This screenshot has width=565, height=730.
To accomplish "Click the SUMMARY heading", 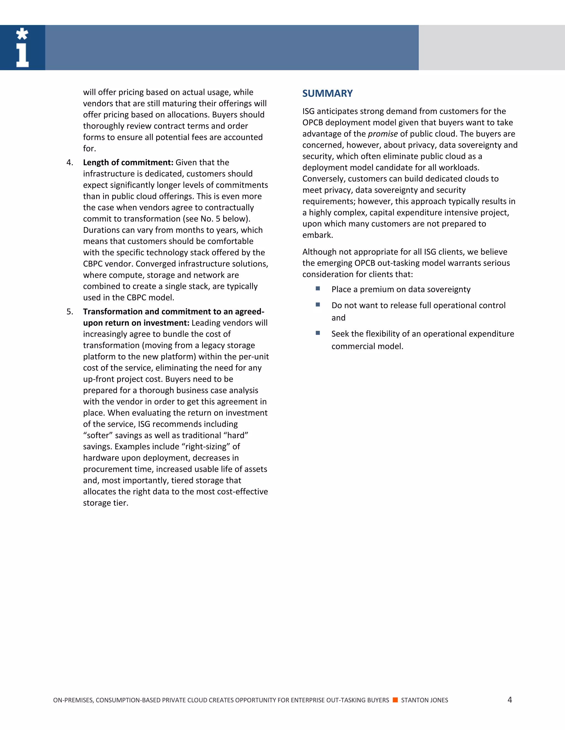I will coord(327,93).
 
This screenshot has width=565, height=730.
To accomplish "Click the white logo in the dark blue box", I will coord(22,47).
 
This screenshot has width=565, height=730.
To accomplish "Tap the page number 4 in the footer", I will coord(510,700).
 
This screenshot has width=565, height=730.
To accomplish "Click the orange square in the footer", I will coord(395,700).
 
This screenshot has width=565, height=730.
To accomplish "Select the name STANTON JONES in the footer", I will coord(424,700).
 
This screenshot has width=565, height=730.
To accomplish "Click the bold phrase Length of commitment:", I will coord(128,163).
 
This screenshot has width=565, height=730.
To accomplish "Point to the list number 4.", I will coord(70,163).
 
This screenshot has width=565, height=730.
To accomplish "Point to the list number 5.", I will coord(70,312).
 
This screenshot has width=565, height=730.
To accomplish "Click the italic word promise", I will coord(383,134).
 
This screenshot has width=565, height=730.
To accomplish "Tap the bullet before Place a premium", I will coord(318,288).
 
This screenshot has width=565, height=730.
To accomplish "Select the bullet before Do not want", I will coord(318,304).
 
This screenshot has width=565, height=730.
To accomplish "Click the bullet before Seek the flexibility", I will coord(318,333).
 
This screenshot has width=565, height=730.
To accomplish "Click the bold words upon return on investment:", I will coord(136,323).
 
